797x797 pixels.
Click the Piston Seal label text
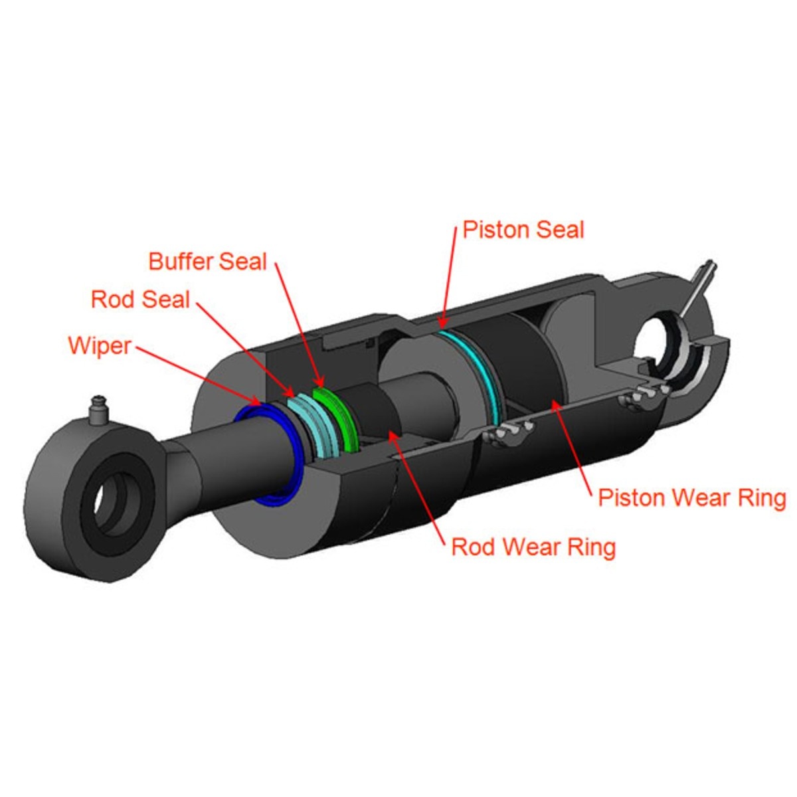[523, 230]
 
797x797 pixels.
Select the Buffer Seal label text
[208, 262]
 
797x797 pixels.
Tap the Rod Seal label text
[140, 300]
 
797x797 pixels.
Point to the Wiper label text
[100, 345]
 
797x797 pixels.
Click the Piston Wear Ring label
[692, 497]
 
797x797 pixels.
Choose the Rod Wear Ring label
[533, 547]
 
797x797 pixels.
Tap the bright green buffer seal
[334, 418]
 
